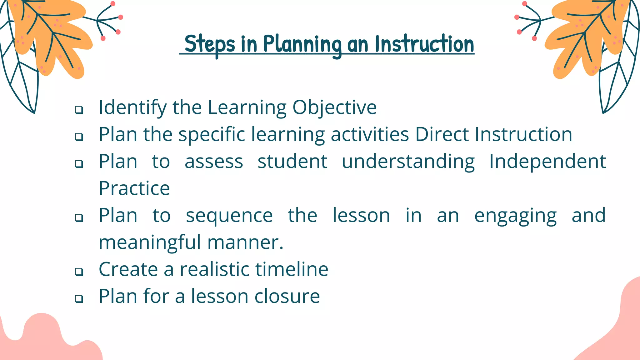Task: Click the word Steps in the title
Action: tap(209, 44)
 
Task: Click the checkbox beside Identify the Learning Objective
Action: tap(79, 110)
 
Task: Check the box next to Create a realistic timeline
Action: tap(79, 271)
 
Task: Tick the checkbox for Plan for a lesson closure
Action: tap(79, 298)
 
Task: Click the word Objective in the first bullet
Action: tap(334, 108)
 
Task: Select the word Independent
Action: tap(547, 162)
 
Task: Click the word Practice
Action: tap(134, 188)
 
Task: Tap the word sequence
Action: tap(229, 216)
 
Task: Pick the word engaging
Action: tap(515, 216)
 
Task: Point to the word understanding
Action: tap(408, 162)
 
